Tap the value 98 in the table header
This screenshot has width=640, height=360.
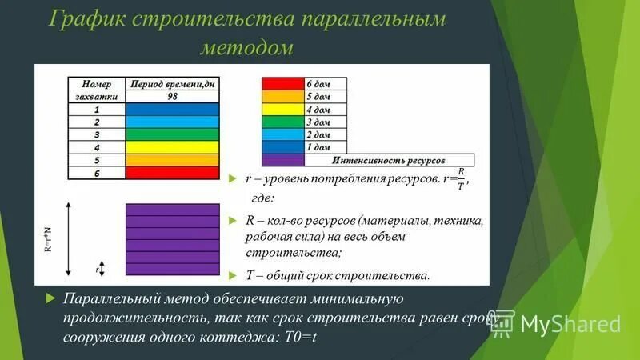click(x=173, y=96)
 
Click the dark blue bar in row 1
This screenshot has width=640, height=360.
click(x=173, y=110)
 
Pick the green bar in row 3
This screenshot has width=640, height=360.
click(x=173, y=134)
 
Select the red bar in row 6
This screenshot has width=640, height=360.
click(x=173, y=172)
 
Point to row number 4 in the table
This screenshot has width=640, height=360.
click(x=97, y=147)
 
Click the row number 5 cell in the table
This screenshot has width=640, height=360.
click(x=97, y=160)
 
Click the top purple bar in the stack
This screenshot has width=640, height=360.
click(x=173, y=210)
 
